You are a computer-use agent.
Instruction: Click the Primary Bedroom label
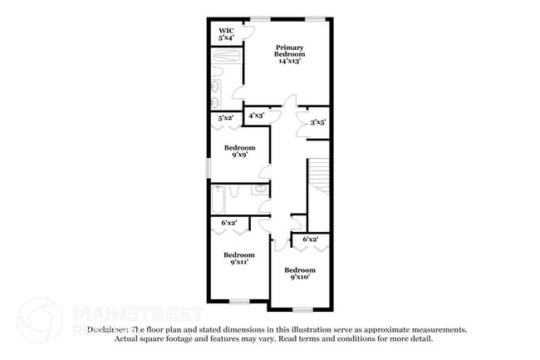coord(291,54)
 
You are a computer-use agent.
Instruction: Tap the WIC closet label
coord(226,34)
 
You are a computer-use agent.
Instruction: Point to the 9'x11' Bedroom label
coord(238,258)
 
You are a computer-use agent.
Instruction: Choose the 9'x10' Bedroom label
coord(300,273)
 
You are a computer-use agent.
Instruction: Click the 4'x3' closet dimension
coord(257,116)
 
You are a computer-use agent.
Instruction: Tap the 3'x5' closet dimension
coord(317,122)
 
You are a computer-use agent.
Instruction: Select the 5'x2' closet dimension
coord(225,119)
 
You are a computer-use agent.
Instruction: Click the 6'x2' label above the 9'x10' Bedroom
coord(311,239)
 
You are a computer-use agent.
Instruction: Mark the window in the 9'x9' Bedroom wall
coord(209,166)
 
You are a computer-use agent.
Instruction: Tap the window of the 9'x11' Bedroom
coord(238,300)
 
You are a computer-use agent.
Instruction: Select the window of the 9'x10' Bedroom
coord(302,308)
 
